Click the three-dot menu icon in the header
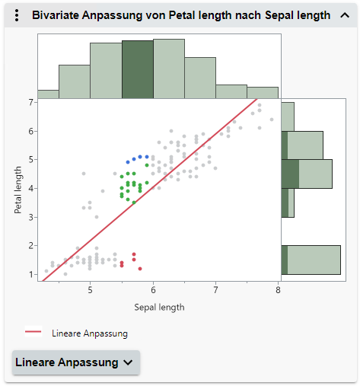click(17, 15)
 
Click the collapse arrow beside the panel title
click(345, 15)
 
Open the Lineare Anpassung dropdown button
click(76, 362)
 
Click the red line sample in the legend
click(33, 333)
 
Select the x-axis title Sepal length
click(159, 308)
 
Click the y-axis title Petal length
click(19, 187)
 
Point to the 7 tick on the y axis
click(31, 102)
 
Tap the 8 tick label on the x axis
click(279, 290)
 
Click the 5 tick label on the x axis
click(91, 290)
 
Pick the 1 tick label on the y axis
click(31, 274)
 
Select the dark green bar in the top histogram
click(138, 69)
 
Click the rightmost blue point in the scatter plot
click(147, 157)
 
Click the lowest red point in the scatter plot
click(140, 268)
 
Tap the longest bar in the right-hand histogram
click(312, 260)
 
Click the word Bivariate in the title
click(56, 15)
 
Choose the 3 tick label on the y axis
click(31, 217)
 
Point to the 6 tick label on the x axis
click(153, 290)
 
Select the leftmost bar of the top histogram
click(48, 94)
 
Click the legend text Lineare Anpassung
click(90, 333)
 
